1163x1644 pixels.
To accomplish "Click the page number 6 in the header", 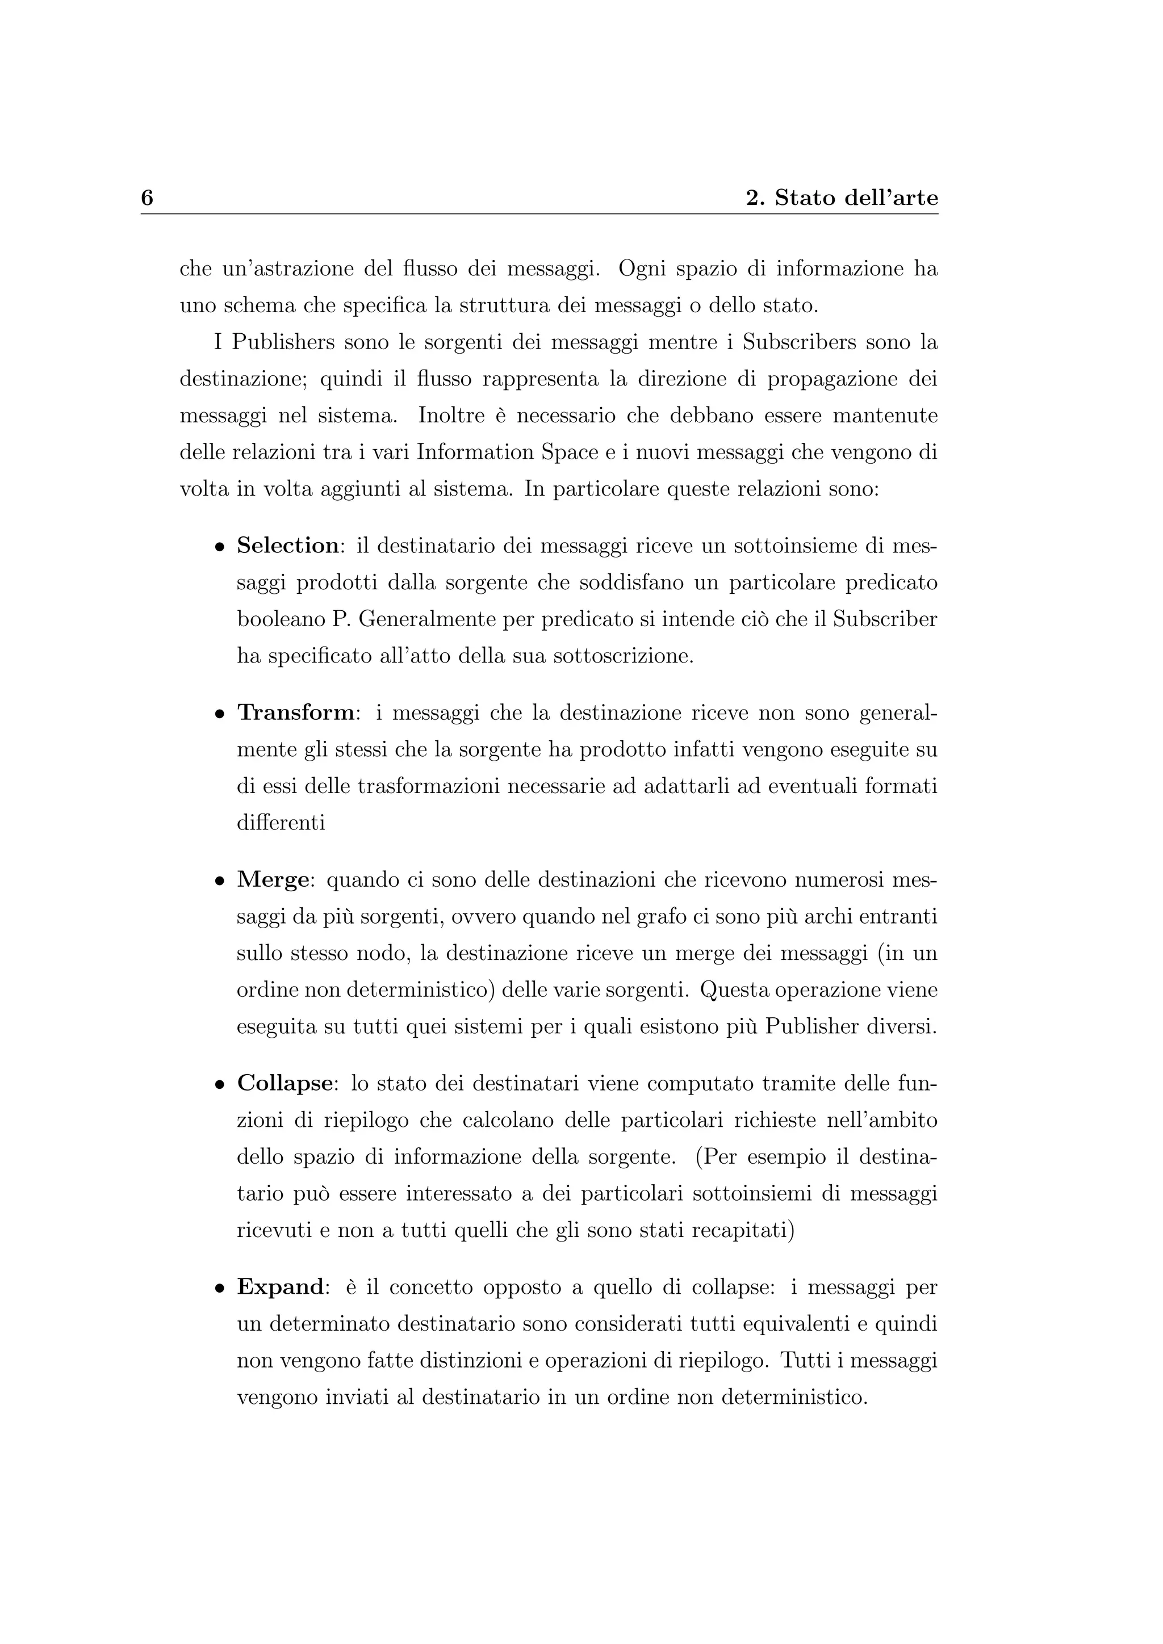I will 147,198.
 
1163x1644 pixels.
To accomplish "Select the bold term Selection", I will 288,546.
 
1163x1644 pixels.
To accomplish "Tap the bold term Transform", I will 296,712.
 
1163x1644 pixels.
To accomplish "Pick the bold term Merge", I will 272,880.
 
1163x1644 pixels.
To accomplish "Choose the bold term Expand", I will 280,1287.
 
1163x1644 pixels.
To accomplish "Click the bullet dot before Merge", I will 220,882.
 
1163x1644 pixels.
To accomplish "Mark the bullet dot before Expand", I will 220,1288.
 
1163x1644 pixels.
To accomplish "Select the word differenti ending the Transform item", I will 281,823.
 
